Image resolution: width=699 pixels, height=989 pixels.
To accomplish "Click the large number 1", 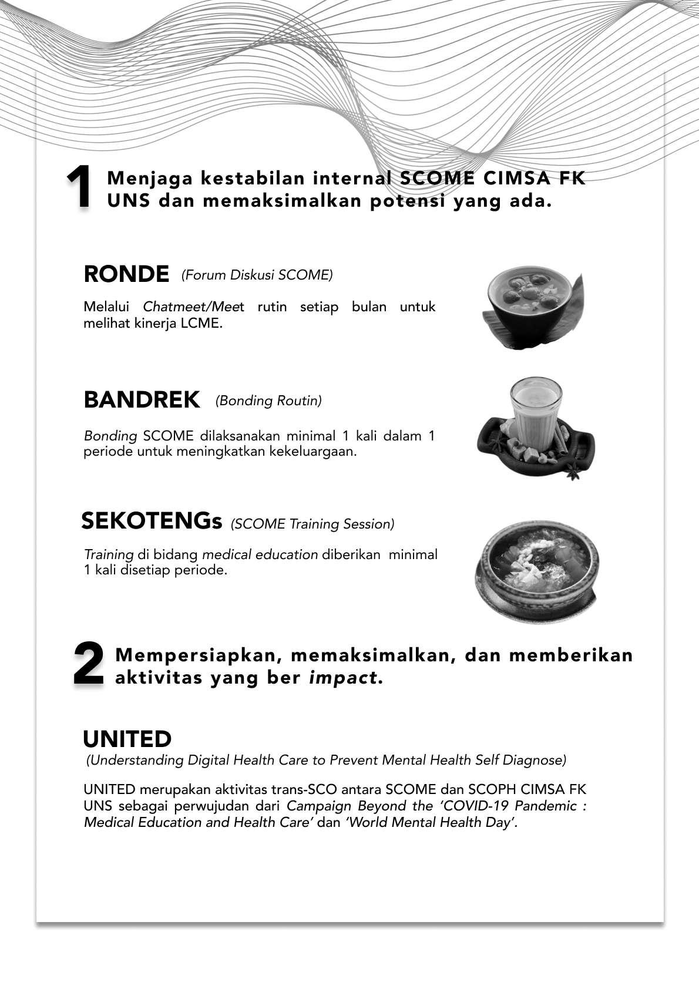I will (x=79, y=187).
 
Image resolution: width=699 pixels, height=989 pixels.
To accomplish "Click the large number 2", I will (x=88, y=664).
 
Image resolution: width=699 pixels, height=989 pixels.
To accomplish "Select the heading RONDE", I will (x=126, y=274).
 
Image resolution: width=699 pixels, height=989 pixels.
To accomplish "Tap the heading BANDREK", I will (x=142, y=400).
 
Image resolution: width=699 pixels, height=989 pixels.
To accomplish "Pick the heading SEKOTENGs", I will (x=152, y=521).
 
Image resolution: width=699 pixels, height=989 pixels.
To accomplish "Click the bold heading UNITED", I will (x=127, y=739).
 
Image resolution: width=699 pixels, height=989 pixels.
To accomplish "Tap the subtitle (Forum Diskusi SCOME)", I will (x=257, y=275).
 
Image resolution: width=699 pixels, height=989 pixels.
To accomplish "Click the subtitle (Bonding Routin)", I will (x=268, y=401).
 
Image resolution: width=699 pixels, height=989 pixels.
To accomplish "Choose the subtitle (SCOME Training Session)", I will (x=312, y=524).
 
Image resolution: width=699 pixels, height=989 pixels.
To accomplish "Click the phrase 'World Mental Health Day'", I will (x=431, y=822).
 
